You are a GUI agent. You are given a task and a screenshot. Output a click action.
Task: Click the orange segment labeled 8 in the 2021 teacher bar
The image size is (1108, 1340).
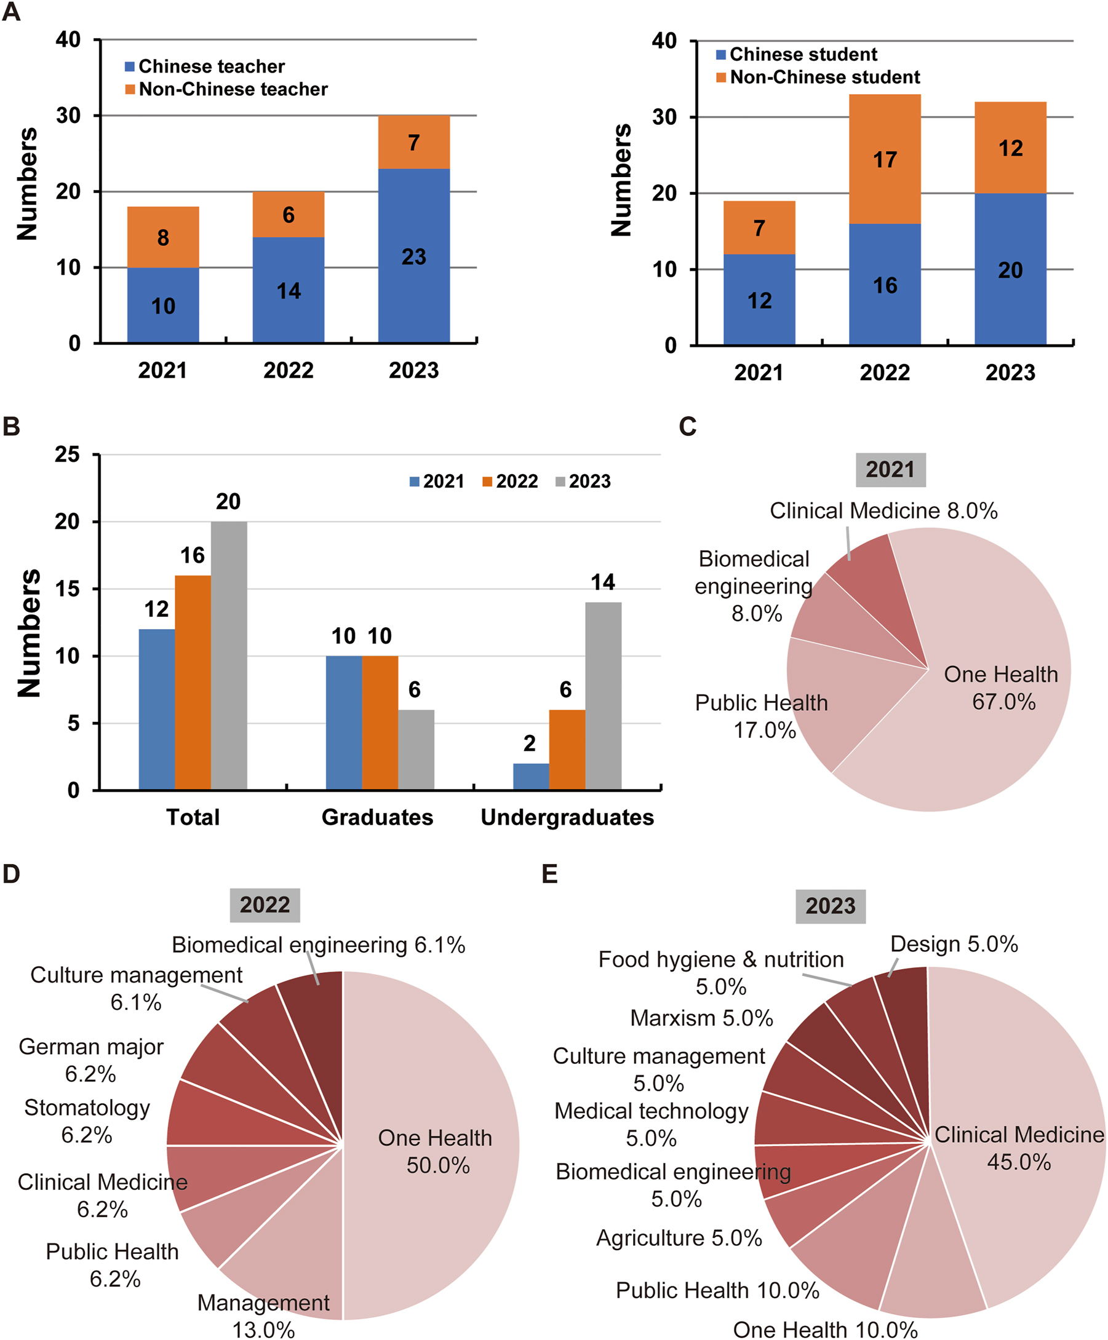click(163, 237)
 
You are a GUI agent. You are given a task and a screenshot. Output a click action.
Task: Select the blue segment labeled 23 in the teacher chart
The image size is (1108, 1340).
click(413, 256)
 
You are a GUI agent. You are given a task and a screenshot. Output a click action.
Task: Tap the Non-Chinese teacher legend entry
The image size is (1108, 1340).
click(226, 89)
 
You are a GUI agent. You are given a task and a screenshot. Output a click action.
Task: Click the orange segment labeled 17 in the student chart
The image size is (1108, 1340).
click(885, 159)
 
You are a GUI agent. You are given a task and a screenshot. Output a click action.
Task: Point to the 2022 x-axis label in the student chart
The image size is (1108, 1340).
click(885, 373)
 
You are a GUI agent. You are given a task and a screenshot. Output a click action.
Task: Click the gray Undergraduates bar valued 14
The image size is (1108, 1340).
click(602, 696)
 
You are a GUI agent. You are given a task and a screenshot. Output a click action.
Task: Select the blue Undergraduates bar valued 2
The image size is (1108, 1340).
click(530, 777)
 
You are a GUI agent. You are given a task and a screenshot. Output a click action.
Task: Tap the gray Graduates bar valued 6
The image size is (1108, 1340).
click(415, 750)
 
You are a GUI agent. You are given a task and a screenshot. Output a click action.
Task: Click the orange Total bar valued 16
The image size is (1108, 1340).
click(193, 683)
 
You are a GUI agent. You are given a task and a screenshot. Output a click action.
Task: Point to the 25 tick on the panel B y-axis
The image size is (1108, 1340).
click(67, 455)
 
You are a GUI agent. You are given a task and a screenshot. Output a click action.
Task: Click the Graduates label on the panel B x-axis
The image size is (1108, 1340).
click(377, 817)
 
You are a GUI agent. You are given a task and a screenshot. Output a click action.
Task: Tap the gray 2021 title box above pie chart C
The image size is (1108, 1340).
click(890, 470)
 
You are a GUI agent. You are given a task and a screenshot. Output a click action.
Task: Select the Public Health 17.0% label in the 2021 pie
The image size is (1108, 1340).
click(762, 716)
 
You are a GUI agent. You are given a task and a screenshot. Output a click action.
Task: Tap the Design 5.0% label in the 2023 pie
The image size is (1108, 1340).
click(954, 945)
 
